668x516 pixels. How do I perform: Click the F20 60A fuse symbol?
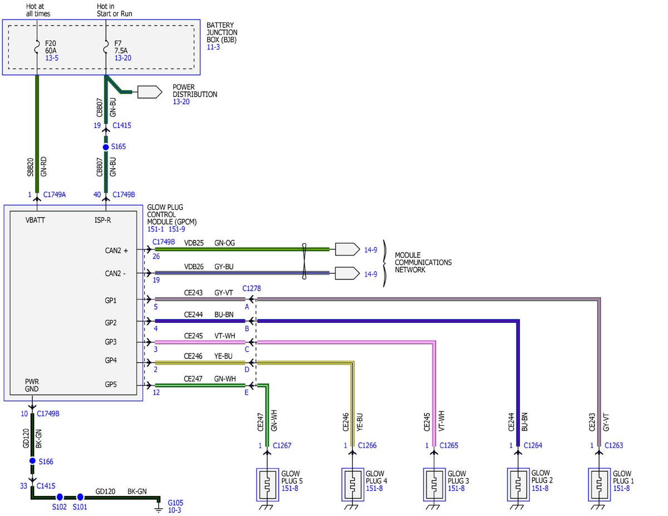(37, 46)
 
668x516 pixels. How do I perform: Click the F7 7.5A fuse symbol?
(106, 46)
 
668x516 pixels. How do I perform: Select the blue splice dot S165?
(106, 147)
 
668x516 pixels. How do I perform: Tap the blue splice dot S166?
(32, 461)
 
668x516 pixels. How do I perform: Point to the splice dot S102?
(60, 497)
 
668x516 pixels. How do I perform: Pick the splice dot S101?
(80, 497)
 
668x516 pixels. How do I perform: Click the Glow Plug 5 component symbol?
(267, 485)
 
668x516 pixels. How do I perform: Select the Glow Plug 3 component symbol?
(434, 485)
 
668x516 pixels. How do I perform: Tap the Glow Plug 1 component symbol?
(599, 485)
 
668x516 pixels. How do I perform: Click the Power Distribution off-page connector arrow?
(150, 92)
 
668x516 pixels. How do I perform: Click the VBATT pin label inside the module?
(35, 220)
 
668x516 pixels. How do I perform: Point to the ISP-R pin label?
(102, 220)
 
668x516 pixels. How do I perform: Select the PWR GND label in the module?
(32, 385)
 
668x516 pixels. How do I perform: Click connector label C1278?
(252, 288)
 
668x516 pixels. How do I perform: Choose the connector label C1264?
(533, 445)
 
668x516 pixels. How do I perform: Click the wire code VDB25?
(194, 243)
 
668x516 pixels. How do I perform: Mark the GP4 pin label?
(111, 360)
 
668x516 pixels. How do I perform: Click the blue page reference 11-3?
(213, 47)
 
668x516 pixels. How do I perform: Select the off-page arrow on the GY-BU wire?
(347, 273)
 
